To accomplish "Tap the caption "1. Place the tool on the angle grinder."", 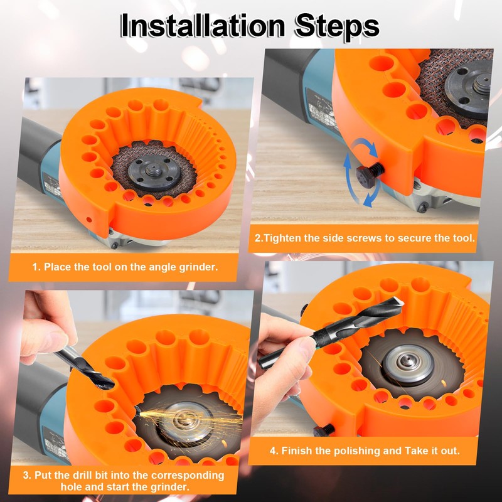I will pos(125,267).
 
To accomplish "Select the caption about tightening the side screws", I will pos(365,238).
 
